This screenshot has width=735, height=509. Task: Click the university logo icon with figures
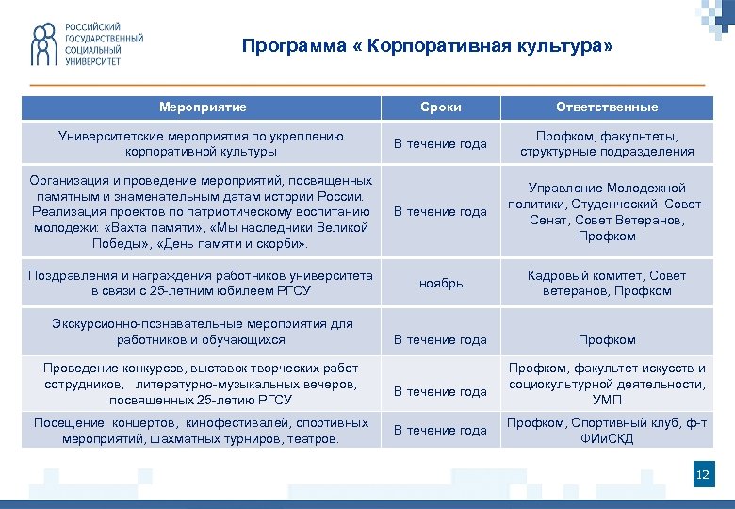click(42, 43)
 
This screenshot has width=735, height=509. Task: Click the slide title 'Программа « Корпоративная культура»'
click(427, 46)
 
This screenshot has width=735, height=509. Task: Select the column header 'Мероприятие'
click(203, 107)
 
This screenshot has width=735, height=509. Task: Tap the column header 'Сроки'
click(440, 107)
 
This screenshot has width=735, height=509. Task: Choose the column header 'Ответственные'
click(607, 107)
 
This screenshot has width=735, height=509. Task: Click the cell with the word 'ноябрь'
click(440, 284)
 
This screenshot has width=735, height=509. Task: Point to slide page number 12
click(701, 475)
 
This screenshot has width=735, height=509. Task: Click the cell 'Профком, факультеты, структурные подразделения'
click(607, 143)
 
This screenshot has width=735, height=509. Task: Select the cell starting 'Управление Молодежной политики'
click(607, 212)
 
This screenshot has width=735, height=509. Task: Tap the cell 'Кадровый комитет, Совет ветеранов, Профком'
click(607, 284)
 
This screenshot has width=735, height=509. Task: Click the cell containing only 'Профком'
click(607, 339)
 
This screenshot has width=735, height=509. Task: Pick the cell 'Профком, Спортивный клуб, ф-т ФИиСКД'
click(607, 431)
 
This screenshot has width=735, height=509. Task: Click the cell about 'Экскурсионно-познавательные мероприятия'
click(202, 332)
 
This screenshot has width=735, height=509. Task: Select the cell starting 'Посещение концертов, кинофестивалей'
click(202, 431)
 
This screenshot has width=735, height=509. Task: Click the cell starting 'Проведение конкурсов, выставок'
click(202, 384)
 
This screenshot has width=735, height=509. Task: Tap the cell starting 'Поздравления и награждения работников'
click(202, 284)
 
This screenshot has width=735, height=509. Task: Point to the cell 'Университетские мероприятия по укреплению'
click(202, 143)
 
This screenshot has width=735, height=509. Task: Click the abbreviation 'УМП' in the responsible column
click(607, 400)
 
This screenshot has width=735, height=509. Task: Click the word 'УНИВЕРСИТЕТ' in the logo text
click(92, 60)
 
